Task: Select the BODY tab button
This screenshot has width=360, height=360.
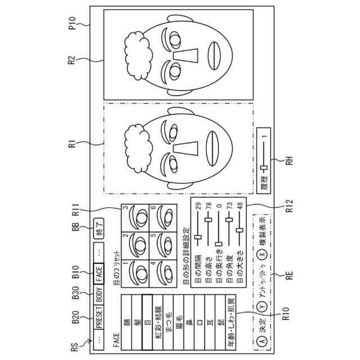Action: click(100, 295)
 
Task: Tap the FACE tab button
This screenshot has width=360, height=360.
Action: click(100, 274)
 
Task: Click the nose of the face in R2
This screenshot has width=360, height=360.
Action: click(185, 56)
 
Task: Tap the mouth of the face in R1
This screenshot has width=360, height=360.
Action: click(215, 143)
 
